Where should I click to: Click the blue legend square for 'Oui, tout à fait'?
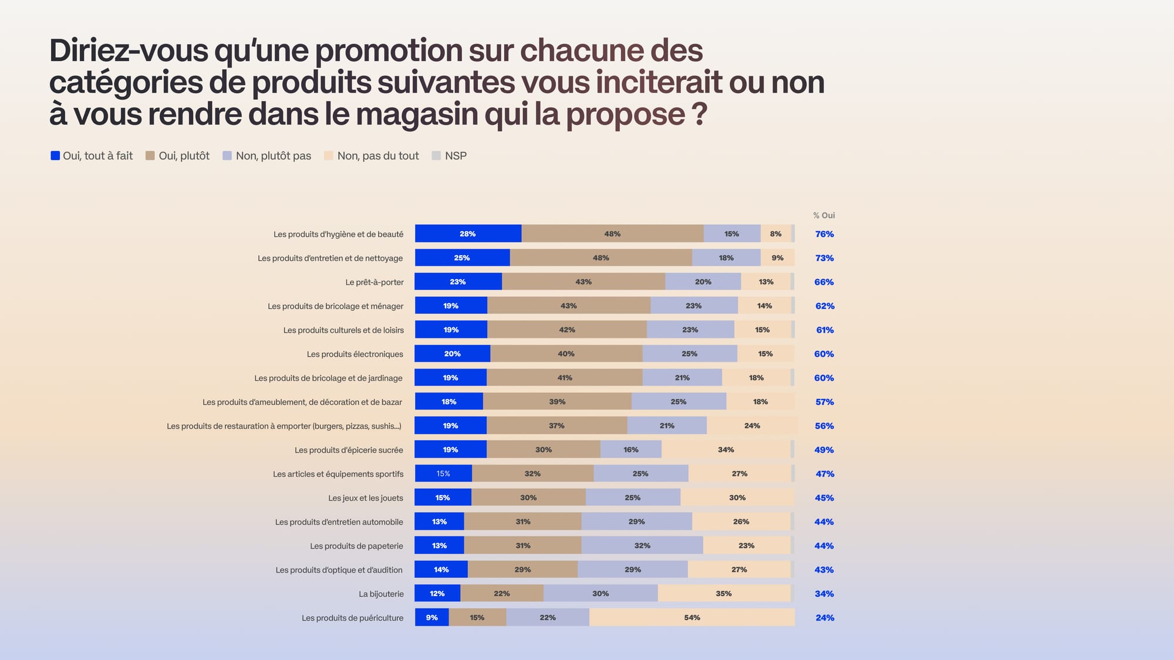(x=55, y=155)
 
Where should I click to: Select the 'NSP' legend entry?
(x=455, y=155)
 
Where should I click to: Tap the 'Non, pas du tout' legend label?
(x=378, y=155)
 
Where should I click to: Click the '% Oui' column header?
(x=824, y=215)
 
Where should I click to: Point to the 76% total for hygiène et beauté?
(x=824, y=234)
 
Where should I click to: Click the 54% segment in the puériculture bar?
(x=692, y=617)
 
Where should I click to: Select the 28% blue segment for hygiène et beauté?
(x=468, y=233)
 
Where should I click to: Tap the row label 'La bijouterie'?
(x=381, y=594)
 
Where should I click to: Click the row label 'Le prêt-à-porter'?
(x=374, y=282)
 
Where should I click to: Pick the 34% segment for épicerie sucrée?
(x=726, y=449)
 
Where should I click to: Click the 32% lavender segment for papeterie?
(x=642, y=546)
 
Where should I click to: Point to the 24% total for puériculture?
(x=824, y=618)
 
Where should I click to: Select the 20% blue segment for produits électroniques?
(x=452, y=354)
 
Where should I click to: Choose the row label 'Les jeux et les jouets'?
(x=365, y=498)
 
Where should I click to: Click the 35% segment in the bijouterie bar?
(x=724, y=593)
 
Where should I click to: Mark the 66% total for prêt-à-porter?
(x=824, y=282)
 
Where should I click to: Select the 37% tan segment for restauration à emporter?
(x=556, y=425)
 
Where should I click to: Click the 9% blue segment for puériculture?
(x=431, y=617)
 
